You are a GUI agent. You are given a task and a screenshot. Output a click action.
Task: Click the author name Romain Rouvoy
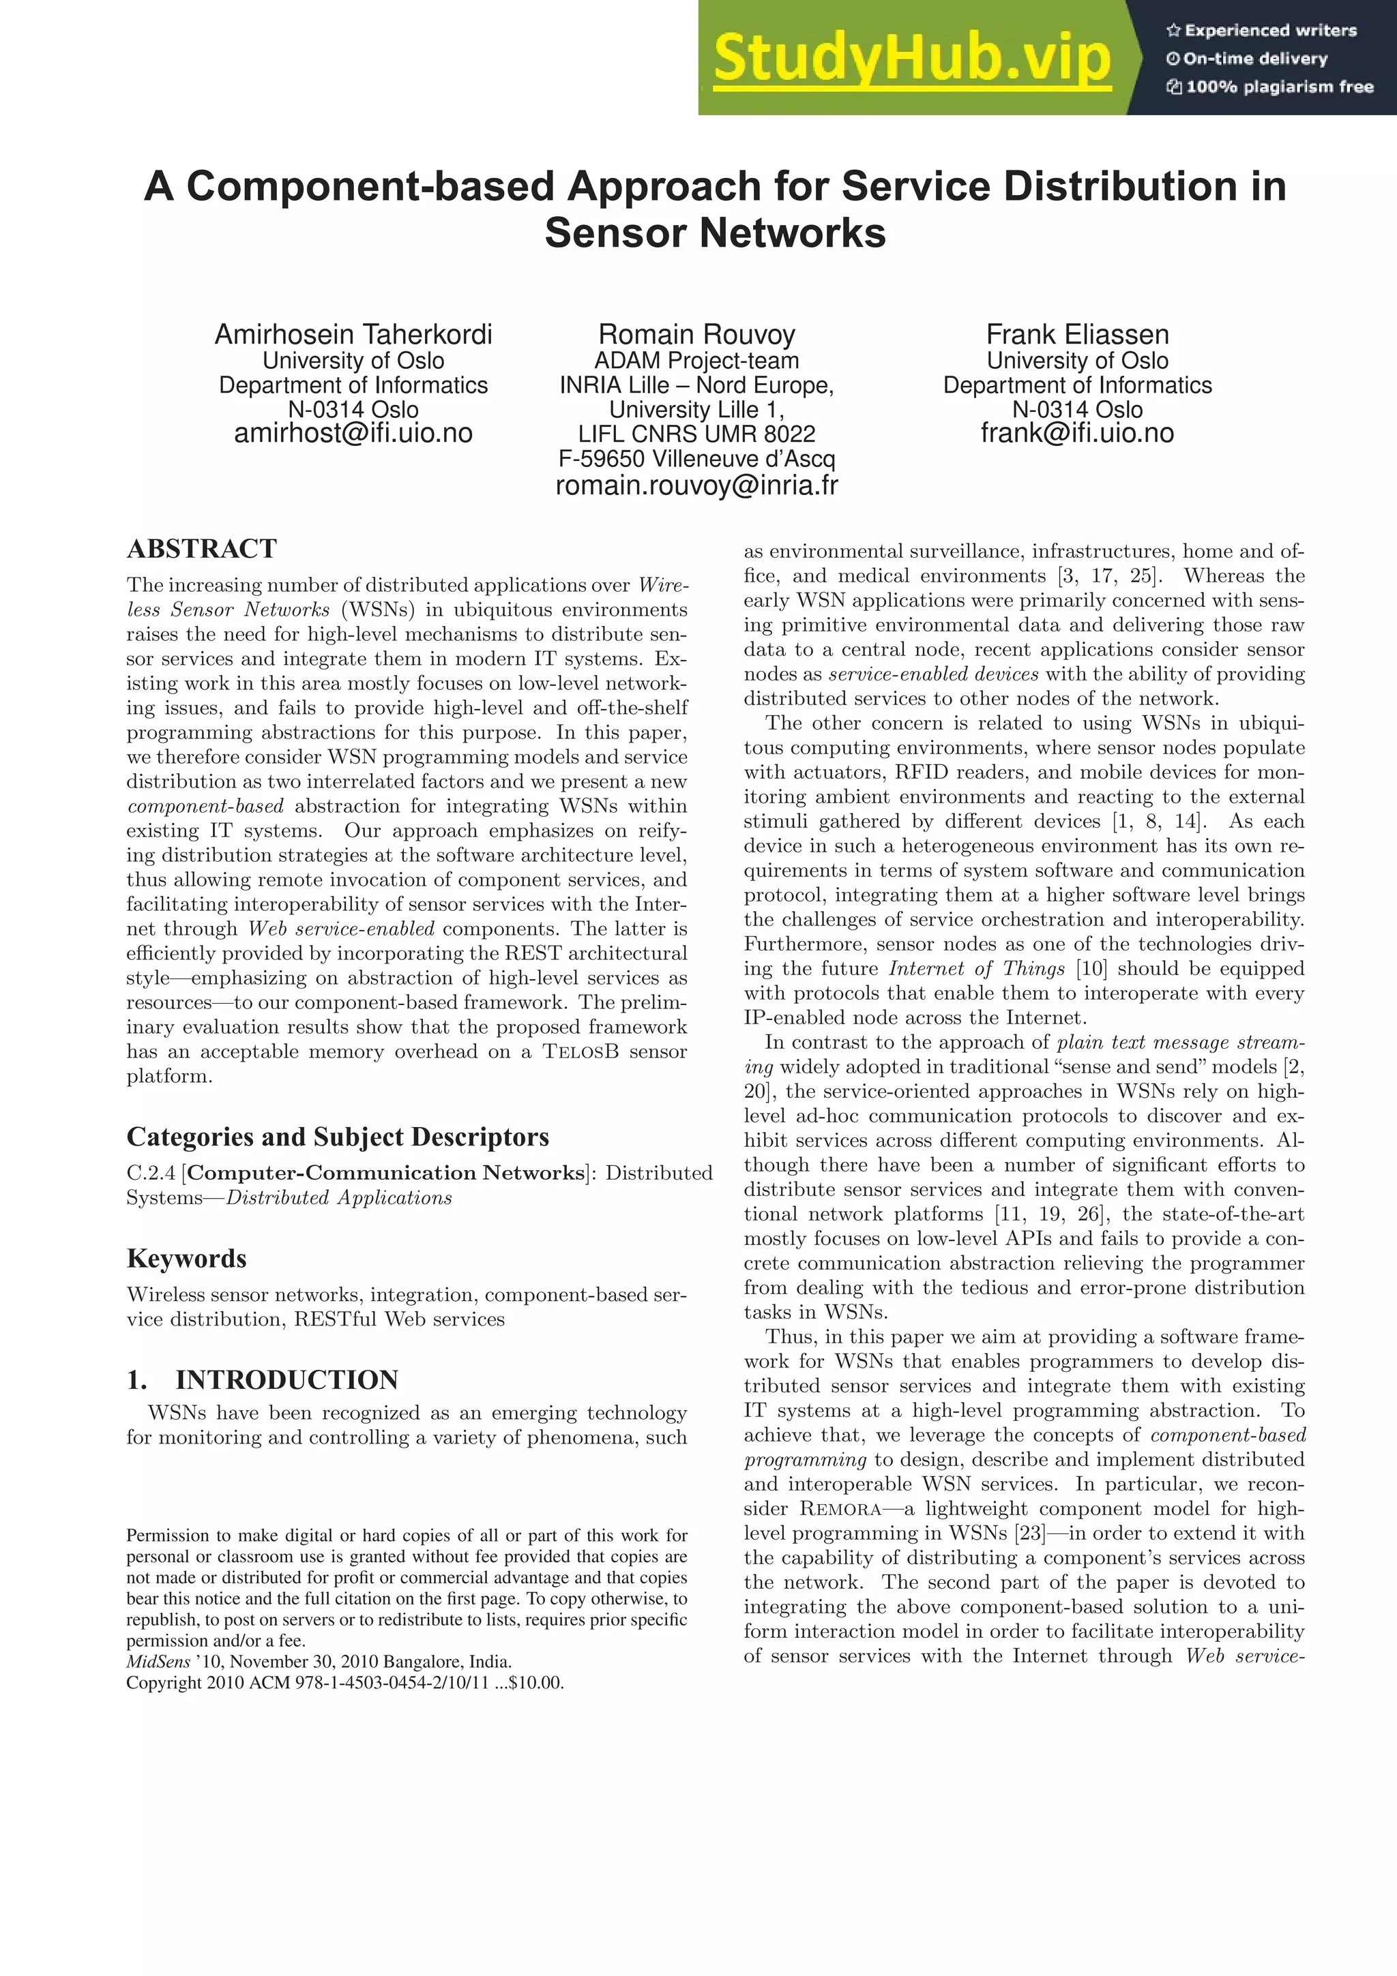tap(696, 334)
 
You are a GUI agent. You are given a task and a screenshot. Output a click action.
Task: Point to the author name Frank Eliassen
tap(1077, 334)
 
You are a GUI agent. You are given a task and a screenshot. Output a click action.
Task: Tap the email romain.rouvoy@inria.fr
tap(696, 485)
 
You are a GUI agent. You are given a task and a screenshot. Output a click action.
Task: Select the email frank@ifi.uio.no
tap(1077, 433)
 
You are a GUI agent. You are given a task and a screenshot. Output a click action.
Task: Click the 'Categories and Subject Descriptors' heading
tap(338, 1137)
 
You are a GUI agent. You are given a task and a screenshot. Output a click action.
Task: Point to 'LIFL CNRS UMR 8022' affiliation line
tap(696, 434)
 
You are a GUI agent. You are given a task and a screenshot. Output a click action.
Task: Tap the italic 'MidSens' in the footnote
tap(158, 1662)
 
